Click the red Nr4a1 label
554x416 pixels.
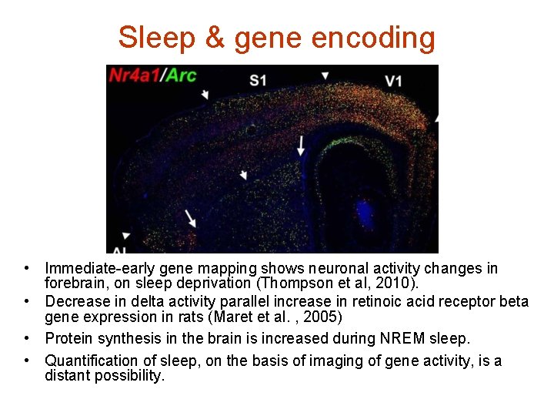tap(135, 75)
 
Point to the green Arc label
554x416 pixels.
tap(182, 75)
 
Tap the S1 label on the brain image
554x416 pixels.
tap(258, 80)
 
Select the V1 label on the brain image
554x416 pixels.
tap(393, 80)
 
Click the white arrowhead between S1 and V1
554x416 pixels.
tap(325, 75)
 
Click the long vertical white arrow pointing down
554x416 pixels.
tap(301, 146)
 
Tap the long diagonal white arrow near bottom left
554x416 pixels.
tap(190, 218)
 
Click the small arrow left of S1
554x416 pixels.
tap(205, 95)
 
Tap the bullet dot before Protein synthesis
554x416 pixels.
tap(26, 338)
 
